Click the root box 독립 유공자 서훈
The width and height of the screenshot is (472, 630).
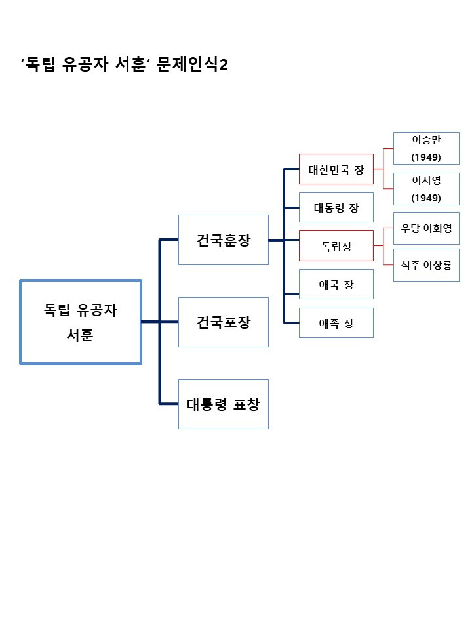81,322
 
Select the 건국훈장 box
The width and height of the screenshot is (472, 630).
224,240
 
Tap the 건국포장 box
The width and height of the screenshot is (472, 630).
224,322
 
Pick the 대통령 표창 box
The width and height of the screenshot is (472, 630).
224,404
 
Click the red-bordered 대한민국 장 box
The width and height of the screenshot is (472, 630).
336,169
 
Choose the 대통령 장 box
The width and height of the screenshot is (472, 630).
336,207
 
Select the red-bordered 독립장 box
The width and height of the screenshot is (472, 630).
336,246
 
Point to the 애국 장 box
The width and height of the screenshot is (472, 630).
336,284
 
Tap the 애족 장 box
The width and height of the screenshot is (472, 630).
336,323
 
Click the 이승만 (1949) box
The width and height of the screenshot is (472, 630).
426,148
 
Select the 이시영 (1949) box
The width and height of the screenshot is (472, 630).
426,189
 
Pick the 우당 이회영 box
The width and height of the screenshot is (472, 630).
426,228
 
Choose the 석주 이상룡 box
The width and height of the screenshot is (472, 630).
426,265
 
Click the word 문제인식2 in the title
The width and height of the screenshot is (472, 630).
193,66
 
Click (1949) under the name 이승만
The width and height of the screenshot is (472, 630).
426,157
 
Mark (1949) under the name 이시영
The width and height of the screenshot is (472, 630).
426,198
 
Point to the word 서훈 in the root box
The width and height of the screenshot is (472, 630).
81,335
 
